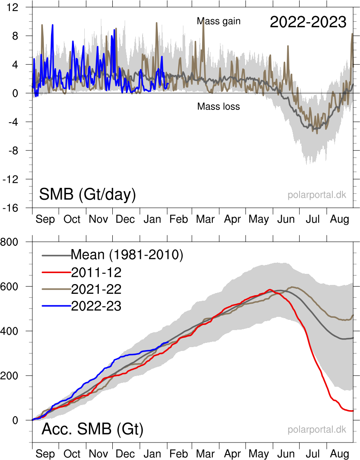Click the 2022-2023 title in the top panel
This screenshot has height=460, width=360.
click(308, 22)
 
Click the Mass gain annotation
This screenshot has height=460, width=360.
click(219, 21)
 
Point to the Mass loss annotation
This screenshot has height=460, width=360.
click(218, 106)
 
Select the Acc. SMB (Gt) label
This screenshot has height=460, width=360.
click(92, 429)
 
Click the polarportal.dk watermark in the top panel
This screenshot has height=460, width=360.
click(317, 195)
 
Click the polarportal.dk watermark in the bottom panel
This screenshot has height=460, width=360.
click(317, 429)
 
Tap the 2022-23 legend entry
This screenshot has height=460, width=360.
click(96, 306)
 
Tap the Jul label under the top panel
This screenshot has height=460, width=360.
click(313, 219)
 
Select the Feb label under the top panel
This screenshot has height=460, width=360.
click(178, 219)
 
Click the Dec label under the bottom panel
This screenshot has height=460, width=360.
click(125, 454)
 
